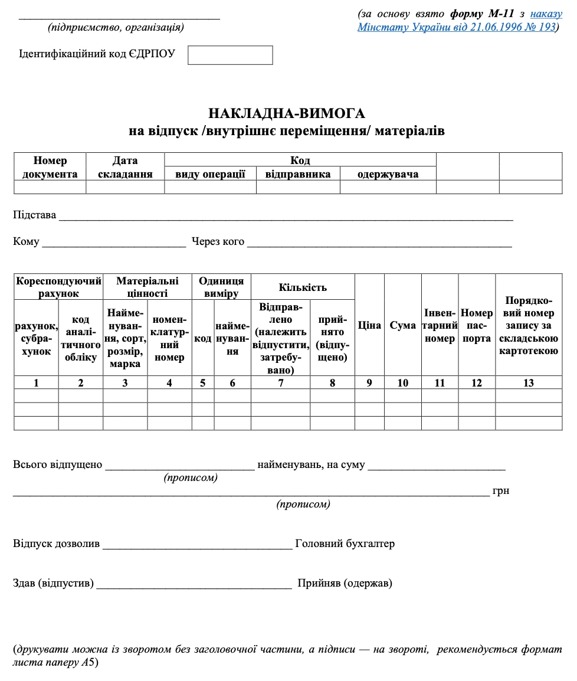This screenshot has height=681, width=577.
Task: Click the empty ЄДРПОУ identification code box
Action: pyautogui.click(x=230, y=55)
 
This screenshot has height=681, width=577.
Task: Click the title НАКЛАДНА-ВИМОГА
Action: pyautogui.click(x=287, y=113)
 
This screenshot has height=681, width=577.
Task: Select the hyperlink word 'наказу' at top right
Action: pyautogui.click(x=546, y=14)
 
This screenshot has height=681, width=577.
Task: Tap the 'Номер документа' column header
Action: pyautogui.click(x=50, y=167)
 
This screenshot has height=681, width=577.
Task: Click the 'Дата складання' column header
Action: pyautogui.click(x=124, y=167)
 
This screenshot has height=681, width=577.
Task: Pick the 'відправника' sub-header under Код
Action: pyautogui.click(x=298, y=174)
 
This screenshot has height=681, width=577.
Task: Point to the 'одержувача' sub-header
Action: pyautogui.click(x=388, y=174)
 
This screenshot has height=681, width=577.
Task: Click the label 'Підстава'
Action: pyautogui.click(x=34, y=215)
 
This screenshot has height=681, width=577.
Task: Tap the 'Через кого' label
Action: pyautogui.click(x=218, y=241)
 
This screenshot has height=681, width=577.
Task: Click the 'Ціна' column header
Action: pyautogui.click(x=369, y=325)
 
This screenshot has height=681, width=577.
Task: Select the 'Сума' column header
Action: pyautogui.click(x=402, y=325)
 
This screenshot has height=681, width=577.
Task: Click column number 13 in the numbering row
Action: pyautogui.click(x=528, y=383)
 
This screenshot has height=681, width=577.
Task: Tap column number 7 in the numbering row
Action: pyautogui.click(x=281, y=383)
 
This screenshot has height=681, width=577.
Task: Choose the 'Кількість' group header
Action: pyautogui.click(x=303, y=287)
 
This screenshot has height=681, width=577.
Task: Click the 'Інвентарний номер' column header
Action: pyautogui.click(x=440, y=325)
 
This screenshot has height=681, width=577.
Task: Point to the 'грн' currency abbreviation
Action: pyautogui.click(x=500, y=491)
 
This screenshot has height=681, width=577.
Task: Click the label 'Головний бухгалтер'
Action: pyautogui.click(x=345, y=544)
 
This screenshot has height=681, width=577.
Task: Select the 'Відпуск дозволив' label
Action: pyautogui.click(x=57, y=544)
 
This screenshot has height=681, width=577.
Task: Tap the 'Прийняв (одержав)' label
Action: pyautogui.click(x=345, y=584)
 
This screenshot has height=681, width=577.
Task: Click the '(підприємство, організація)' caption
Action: pyautogui.click(x=116, y=27)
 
